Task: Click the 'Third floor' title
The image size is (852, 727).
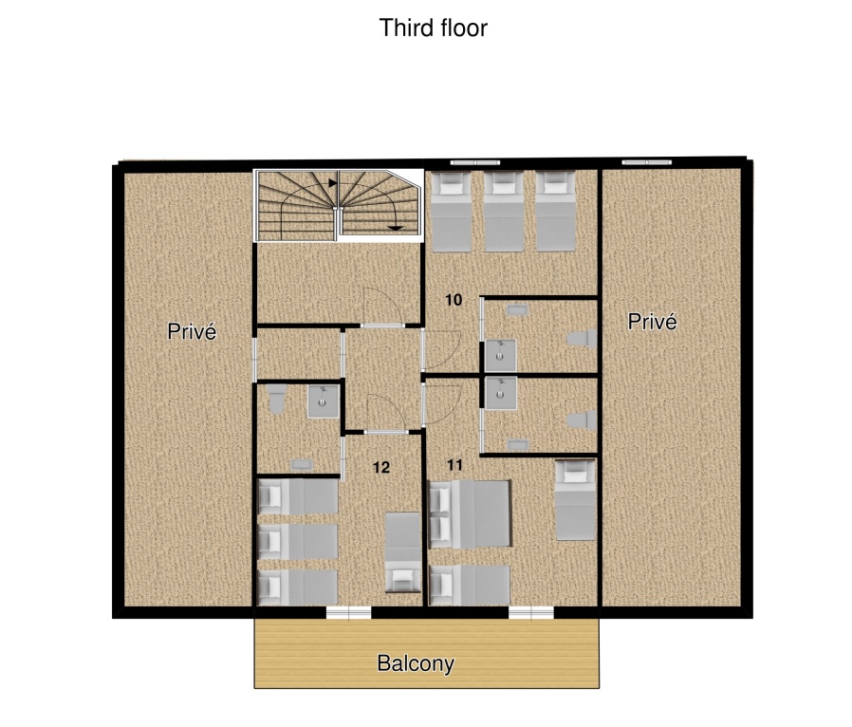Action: coord(433,28)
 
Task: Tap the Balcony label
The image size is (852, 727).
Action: coord(416,663)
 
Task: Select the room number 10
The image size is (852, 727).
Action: coord(454,299)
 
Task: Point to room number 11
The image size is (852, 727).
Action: coord(454,464)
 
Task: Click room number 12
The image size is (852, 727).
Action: coord(381,467)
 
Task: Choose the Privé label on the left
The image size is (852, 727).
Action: coord(192,331)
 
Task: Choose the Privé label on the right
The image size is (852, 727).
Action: coord(653,322)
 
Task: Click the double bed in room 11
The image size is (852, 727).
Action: coord(470,514)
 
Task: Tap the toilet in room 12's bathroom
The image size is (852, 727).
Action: coord(277,398)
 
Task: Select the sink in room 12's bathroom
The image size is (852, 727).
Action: coord(324,401)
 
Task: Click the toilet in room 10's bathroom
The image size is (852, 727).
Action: coord(582,339)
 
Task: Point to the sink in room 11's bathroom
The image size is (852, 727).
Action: coord(500,393)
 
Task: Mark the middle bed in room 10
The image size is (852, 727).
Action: coord(504,212)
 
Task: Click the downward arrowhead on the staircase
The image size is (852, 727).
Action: coord(396,228)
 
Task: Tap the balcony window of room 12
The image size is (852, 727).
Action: coord(348,613)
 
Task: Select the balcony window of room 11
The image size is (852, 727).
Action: coord(531,613)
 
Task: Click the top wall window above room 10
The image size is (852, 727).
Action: coord(475,162)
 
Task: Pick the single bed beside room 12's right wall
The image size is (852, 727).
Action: coord(402,552)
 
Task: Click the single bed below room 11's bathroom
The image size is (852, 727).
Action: coord(575,500)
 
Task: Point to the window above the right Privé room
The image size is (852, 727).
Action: coord(647,162)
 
